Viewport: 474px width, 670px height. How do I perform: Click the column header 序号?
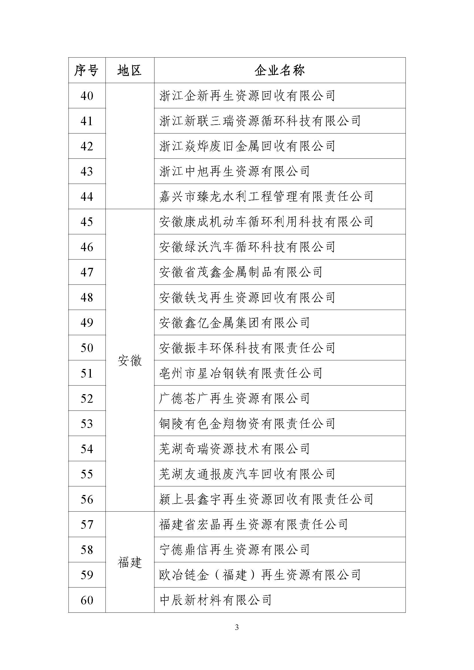(86, 70)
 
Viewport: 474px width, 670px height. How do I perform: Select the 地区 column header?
(129, 70)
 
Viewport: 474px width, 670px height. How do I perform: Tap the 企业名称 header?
(279, 70)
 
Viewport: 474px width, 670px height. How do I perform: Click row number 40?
(87, 96)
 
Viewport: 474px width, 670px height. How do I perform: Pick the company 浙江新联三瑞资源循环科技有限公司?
(260, 121)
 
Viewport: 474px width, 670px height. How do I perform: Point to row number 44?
(87, 197)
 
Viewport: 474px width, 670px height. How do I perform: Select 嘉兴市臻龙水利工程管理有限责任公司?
(266, 197)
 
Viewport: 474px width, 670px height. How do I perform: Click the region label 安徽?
(130, 361)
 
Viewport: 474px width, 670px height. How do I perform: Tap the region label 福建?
(130, 562)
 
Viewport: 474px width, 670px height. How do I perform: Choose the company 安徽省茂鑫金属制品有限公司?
(241, 272)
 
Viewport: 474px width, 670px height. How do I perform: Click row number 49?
(87, 323)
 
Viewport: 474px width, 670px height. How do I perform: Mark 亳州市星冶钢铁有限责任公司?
(241, 373)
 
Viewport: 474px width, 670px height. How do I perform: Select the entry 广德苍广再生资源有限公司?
(234, 398)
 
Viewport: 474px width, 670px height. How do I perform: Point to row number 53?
(87, 423)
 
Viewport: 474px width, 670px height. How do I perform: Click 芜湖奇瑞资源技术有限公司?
(234, 449)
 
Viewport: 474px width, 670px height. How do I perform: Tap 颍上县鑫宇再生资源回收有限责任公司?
(266, 499)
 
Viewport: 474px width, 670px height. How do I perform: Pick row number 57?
(87, 524)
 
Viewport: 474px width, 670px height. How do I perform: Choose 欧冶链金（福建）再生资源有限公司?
(260, 575)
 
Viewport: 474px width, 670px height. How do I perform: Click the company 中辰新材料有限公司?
(216, 600)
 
